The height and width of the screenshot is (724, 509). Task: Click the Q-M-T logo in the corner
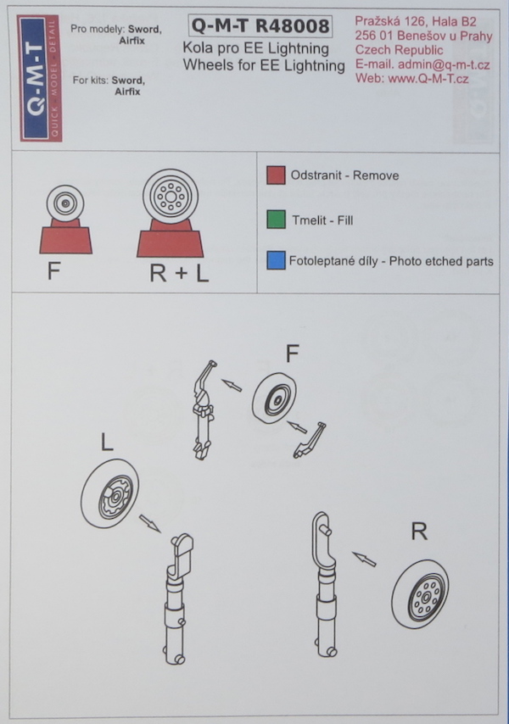[39, 78]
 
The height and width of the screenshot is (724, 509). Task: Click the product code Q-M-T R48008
[260, 25]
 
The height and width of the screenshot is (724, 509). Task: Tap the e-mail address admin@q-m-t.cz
[444, 64]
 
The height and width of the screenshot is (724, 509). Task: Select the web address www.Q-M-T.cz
[428, 79]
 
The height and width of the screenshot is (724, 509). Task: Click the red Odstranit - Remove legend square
[276, 175]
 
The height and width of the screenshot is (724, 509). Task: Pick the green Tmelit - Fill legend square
[276, 219]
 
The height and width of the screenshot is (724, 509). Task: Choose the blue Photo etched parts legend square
[276, 260]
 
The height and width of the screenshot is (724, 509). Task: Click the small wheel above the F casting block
[65, 203]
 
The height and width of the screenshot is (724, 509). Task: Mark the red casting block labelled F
[65, 237]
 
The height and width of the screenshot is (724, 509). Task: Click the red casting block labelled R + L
[170, 240]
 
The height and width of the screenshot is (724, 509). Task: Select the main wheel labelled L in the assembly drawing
[110, 495]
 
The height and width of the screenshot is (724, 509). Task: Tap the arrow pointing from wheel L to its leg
[149, 524]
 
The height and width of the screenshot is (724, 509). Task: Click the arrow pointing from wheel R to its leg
[364, 559]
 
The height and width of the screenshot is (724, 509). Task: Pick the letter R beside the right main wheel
[419, 532]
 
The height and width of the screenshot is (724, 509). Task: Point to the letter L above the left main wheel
[107, 442]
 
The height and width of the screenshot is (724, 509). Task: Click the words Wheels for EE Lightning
[264, 65]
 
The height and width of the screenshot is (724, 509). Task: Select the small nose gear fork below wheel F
[309, 440]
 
